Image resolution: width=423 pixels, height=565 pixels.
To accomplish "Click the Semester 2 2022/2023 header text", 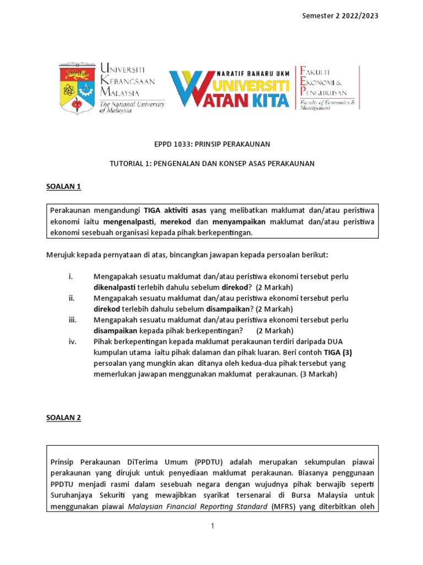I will click(x=340, y=15).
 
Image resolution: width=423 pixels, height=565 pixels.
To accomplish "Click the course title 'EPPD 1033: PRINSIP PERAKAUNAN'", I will click(x=211, y=145).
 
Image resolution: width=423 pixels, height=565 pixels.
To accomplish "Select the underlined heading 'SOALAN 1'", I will click(x=63, y=186).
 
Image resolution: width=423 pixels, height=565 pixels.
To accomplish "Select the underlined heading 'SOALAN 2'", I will click(x=63, y=417).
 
